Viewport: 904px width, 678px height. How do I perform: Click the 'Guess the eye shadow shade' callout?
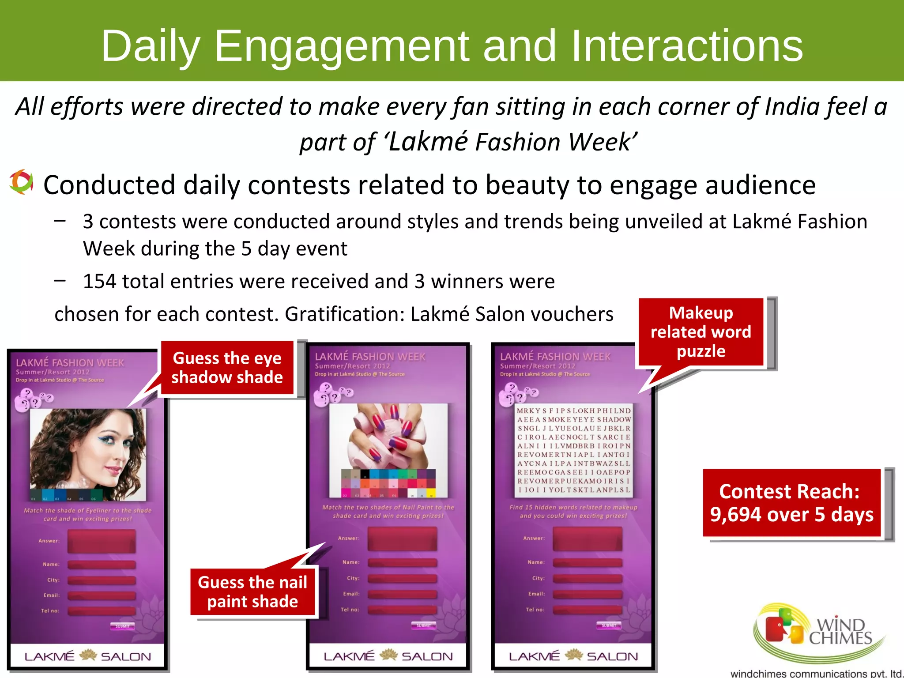tap(227, 368)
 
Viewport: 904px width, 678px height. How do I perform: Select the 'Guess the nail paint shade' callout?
tap(252, 592)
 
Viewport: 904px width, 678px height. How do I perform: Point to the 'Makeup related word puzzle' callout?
tap(701, 332)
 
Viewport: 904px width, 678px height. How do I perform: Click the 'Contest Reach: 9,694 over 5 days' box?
tap(791, 503)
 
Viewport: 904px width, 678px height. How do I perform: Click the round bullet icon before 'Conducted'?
tap(21, 182)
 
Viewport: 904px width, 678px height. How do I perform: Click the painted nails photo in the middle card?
tap(388, 437)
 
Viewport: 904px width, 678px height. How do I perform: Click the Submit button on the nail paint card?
tap(423, 625)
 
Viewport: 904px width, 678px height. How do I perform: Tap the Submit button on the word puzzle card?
tap(609, 625)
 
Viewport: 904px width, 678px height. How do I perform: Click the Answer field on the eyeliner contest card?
tap(102, 541)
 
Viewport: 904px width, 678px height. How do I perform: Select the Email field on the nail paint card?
tap(402, 594)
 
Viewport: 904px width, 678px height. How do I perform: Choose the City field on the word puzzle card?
tap(588, 578)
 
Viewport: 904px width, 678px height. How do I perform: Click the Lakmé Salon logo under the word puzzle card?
tap(573, 656)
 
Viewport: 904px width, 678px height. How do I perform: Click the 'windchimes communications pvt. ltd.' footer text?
tap(817, 674)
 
